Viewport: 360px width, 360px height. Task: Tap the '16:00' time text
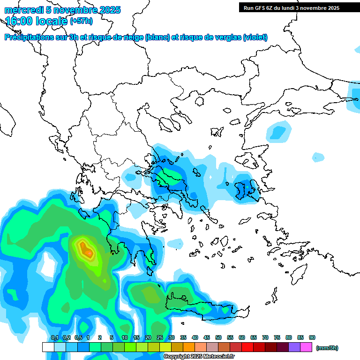pyautogui.click(x=19, y=21)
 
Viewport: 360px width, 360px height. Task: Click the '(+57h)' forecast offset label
pyautogui.click(x=81, y=21)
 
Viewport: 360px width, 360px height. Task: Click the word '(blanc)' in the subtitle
pyautogui.click(x=157, y=37)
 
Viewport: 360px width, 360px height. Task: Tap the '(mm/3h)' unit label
pyautogui.click(x=327, y=348)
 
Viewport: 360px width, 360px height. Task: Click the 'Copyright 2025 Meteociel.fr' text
pyautogui.click(x=201, y=357)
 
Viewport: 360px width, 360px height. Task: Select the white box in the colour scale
pyautogui.click(x=48, y=347)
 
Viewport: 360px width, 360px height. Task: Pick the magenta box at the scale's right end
pyautogui.click(x=306, y=347)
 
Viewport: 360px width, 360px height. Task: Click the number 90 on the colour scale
pyautogui.click(x=312, y=337)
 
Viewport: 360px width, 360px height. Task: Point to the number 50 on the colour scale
pyautogui.click(x=218, y=337)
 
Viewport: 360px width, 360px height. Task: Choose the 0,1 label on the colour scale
pyautogui.click(x=54, y=337)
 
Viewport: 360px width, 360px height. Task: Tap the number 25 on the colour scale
pyautogui.click(x=160, y=337)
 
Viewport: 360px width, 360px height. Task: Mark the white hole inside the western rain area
pyautogui.click(x=48, y=266)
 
